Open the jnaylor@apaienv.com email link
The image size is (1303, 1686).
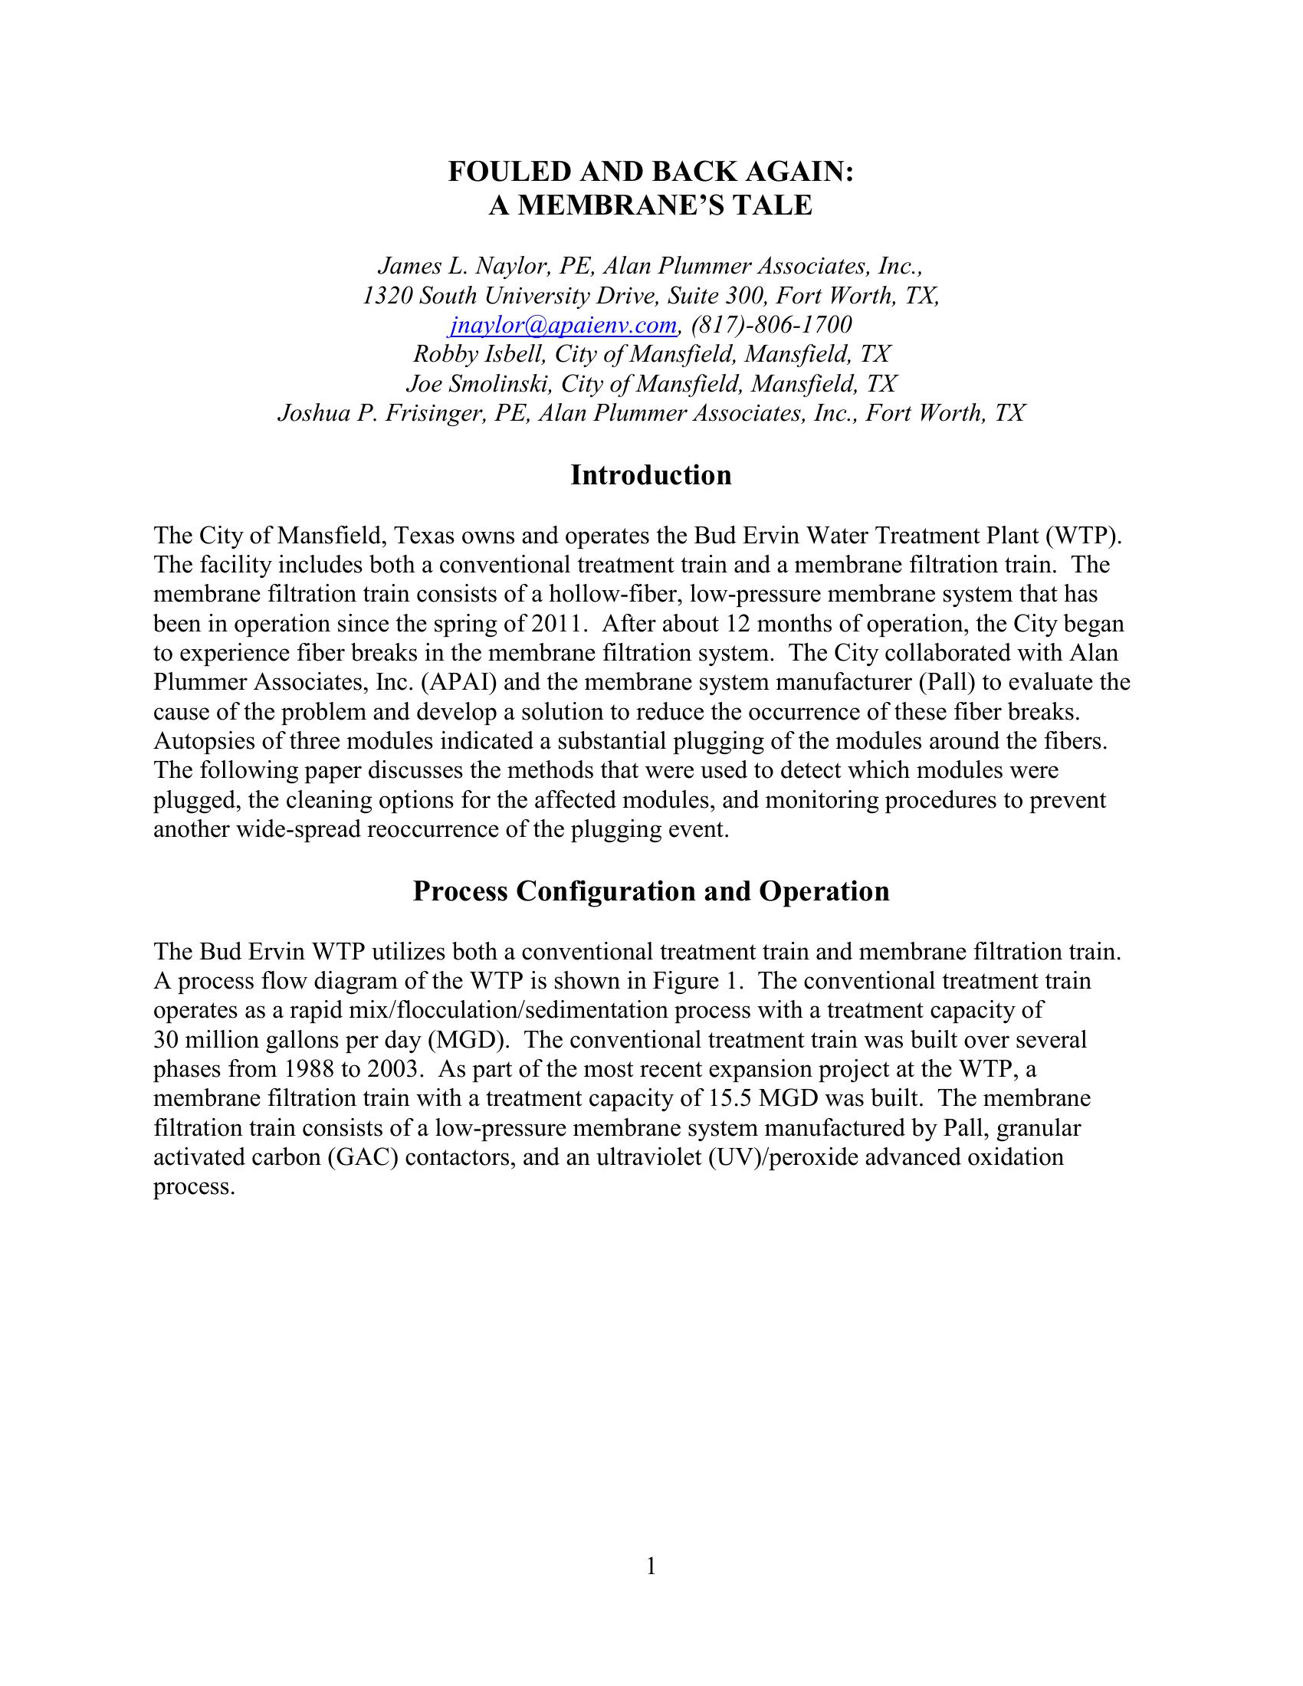coord(563,325)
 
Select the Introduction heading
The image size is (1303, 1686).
coord(651,475)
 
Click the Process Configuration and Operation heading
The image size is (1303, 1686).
coord(651,891)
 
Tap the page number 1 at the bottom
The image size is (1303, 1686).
coord(651,1566)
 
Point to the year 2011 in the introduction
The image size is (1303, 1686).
coord(556,624)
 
